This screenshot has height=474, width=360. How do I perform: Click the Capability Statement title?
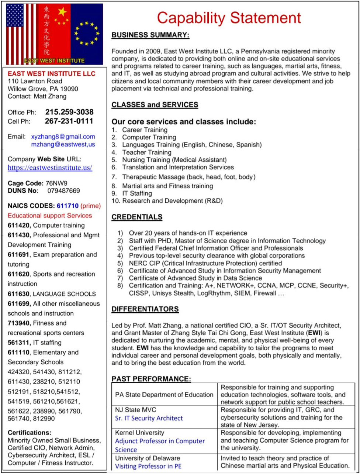pos(229,17)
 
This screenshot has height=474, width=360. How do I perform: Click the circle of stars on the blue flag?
pos(87,33)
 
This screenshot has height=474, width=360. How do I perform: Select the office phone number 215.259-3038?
pos(69,112)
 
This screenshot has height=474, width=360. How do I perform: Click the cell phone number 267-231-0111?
pos(69,121)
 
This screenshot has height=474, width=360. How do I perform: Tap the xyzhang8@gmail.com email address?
pos(63,136)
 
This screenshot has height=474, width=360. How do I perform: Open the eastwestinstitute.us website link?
pos(50,168)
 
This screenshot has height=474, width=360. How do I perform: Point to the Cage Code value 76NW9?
pos(56,183)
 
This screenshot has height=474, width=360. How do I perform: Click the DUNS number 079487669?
pos(63,190)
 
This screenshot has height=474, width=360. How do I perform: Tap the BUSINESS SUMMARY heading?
pos(150,35)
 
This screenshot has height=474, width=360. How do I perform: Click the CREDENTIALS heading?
pos(137,217)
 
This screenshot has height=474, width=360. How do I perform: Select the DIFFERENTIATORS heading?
pos(145,309)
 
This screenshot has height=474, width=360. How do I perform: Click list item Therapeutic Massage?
pos(188,177)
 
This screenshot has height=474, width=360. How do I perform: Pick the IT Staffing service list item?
pos(137,193)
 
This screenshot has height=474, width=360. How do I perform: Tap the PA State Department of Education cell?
pos(164,395)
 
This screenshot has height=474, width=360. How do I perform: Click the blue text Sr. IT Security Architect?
pos(149,418)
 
